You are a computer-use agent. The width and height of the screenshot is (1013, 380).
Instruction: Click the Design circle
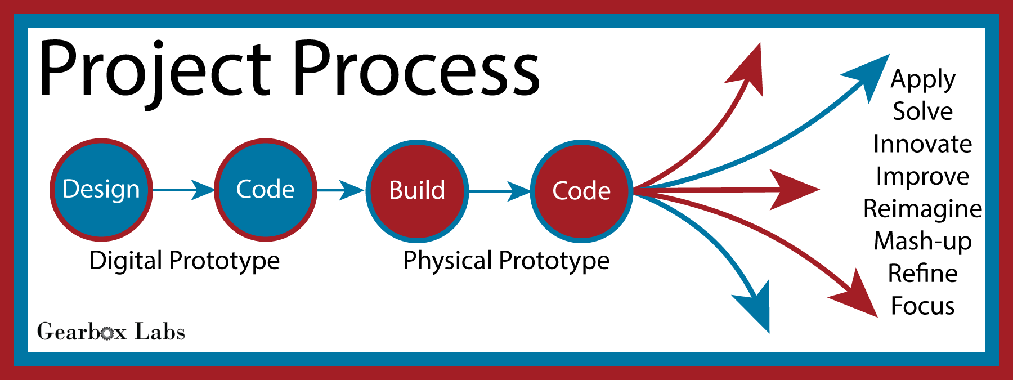(101, 190)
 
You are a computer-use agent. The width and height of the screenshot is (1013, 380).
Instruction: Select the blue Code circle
(266, 190)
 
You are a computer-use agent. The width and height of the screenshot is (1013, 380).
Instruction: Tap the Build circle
(417, 191)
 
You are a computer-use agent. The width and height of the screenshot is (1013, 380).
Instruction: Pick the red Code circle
(582, 191)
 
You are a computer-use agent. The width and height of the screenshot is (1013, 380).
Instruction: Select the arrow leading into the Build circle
(341, 190)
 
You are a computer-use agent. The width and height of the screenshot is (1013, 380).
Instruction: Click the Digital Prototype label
(185, 261)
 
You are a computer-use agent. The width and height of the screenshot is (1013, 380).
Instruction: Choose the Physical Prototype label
(507, 261)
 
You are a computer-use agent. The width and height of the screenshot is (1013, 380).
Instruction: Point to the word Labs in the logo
(160, 332)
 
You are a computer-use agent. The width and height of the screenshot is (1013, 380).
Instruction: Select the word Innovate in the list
(923, 144)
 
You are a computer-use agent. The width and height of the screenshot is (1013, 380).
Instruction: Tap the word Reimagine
(923, 209)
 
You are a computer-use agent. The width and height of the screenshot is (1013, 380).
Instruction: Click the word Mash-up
(923, 242)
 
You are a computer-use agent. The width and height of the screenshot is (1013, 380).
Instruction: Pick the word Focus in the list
(923, 306)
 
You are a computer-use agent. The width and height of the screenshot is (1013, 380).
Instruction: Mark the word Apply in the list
(923, 80)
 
